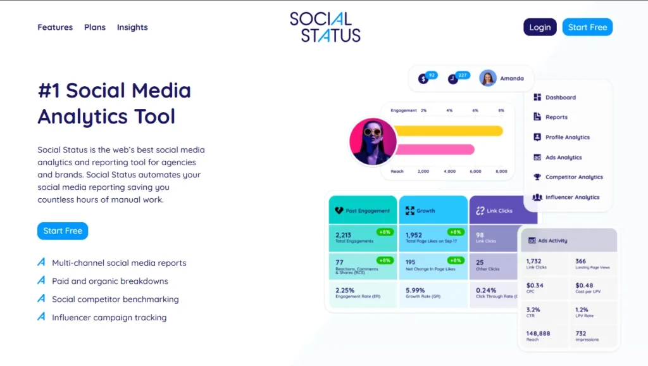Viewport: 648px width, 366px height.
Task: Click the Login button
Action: pyautogui.click(x=540, y=27)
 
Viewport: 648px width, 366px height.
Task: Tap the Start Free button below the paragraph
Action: pyautogui.click(x=63, y=231)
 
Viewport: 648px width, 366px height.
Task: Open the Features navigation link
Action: pyautogui.click(x=55, y=27)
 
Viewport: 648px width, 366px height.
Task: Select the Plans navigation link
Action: pyautogui.click(x=95, y=27)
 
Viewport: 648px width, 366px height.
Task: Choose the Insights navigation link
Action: pyautogui.click(x=132, y=27)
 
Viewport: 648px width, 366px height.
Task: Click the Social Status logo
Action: pyautogui.click(x=325, y=27)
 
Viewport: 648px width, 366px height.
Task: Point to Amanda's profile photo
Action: pyautogui.click(x=487, y=78)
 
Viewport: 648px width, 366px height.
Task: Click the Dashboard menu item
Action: pyautogui.click(x=560, y=98)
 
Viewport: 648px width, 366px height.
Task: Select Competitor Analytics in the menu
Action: pyautogui.click(x=573, y=177)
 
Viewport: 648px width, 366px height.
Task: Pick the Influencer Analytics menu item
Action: pyautogui.click(x=571, y=198)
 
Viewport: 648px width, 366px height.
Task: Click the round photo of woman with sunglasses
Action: pyautogui.click(x=373, y=141)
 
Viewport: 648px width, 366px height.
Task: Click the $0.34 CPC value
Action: pyautogui.click(x=535, y=285)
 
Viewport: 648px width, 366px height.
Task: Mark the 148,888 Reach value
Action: pyautogui.click(x=538, y=334)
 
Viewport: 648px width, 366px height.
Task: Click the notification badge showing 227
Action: pyautogui.click(x=462, y=75)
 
